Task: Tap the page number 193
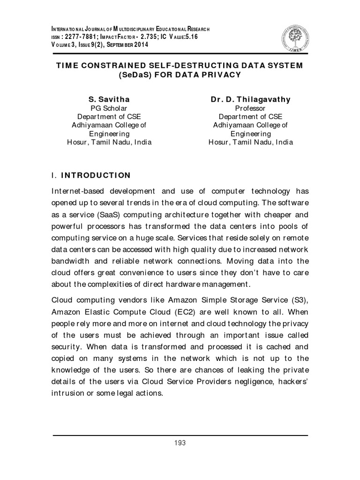point(180,443)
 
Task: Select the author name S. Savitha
point(109,99)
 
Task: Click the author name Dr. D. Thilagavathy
point(250,99)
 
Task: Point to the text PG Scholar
point(109,108)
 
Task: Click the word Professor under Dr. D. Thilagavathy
point(250,108)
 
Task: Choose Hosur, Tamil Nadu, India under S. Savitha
point(109,142)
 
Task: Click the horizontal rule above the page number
point(180,435)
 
